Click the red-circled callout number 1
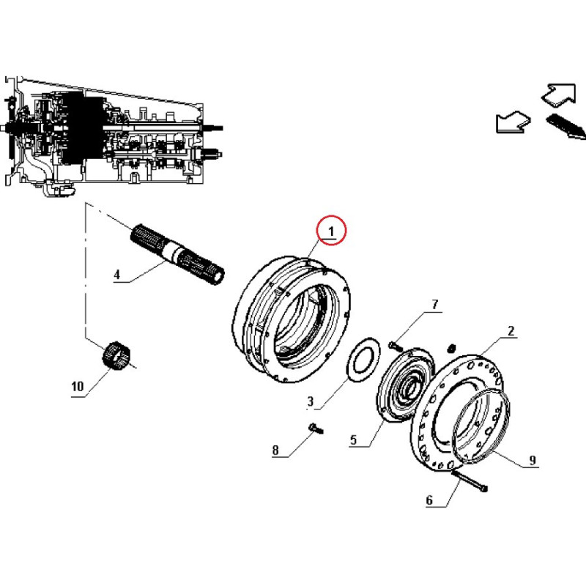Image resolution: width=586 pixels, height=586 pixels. [331, 231]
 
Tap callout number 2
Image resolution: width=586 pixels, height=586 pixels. [511, 331]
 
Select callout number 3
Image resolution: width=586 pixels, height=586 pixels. [310, 401]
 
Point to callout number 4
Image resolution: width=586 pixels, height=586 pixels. [117, 275]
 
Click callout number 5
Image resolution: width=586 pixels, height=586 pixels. [354, 439]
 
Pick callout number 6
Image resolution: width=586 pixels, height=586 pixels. [429, 500]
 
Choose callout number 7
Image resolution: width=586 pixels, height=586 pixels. [434, 305]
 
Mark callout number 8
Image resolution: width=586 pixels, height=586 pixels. [275, 450]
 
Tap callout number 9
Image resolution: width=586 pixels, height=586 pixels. [533, 460]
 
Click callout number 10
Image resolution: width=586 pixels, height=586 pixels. [78, 386]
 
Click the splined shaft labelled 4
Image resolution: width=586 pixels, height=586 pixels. [177, 254]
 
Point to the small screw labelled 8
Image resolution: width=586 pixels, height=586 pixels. [316, 429]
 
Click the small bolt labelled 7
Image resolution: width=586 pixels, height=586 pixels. [395, 346]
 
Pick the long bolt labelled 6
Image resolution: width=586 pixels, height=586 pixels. [470, 481]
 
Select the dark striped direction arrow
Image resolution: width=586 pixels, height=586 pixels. [565, 126]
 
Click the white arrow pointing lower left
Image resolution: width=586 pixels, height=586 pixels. [513, 122]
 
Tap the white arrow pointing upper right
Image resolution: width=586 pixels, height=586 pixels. [559, 94]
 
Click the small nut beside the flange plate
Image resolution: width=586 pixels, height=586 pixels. [451, 349]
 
